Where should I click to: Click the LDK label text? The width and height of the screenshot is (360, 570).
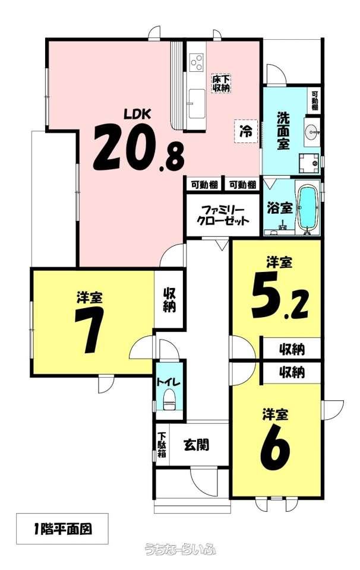point(137,114)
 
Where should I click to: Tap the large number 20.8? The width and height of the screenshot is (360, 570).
point(139,148)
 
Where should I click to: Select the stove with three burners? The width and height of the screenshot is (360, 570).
point(197,62)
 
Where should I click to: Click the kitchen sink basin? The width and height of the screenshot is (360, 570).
point(197,103)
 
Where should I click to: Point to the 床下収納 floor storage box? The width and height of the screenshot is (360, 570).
point(222,83)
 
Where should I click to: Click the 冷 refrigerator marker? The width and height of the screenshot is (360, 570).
point(246,131)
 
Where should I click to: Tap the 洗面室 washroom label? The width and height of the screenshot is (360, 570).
point(283,130)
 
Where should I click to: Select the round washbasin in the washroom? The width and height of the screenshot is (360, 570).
point(312,131)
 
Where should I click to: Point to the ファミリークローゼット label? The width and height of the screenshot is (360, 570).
point(222,215)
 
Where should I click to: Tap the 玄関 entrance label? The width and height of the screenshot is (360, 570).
point(197,444)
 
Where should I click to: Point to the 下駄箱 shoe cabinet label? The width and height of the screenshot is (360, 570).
point(162,444)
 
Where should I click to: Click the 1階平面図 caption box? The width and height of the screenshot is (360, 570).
point(62,528)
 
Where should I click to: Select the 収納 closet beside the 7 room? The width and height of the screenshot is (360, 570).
point(169,299)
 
